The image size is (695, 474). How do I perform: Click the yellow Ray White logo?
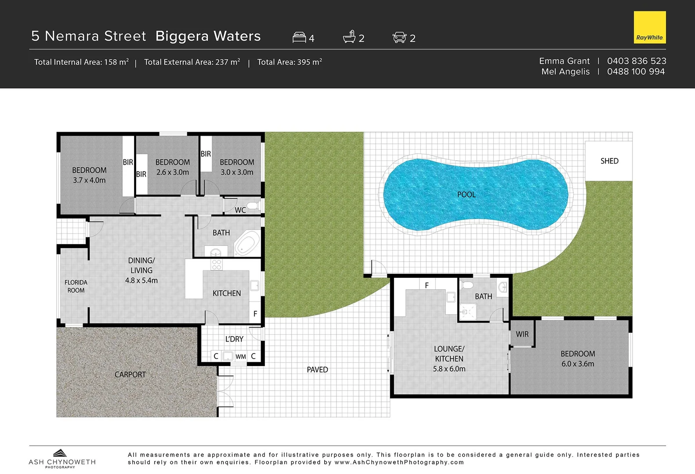(x=649, y=27)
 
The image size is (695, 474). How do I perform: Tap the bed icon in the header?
(x=299, y=37)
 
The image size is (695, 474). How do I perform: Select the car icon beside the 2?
(x=399, y=37)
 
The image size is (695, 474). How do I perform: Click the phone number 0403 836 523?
(x=636, y=61)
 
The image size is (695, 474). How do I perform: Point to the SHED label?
(x=609, y=161)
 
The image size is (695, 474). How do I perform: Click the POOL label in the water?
(x=466, y=194)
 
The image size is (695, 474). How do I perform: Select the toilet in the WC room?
(x=253, y=205)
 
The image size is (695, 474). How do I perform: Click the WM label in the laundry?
(x=241, y=356)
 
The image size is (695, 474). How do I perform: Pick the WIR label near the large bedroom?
(x=522, y=334)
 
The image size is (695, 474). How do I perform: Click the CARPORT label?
(x=130, y=374)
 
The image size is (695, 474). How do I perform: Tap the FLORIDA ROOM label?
(x=76, y=286)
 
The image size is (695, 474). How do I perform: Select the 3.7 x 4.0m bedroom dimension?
(x=89, y=180)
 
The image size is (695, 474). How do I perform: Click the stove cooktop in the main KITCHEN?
(x=217, y=264)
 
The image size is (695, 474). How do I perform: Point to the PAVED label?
(x=317, y=370)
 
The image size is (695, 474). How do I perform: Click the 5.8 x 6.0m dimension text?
(x=449, y=369)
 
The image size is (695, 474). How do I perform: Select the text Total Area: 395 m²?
(x=290, y=62)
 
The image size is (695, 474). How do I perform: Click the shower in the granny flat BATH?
(x=467, y=312)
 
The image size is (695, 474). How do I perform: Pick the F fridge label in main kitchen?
(x=255, y=314)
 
